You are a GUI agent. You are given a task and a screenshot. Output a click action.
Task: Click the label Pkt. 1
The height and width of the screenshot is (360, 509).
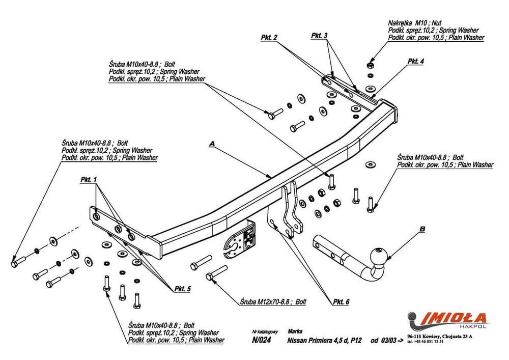pos(88,180)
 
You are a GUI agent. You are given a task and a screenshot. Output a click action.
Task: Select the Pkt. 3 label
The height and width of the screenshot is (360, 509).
pos(319,35)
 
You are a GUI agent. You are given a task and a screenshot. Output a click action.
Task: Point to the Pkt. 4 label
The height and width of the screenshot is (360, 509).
pos(415,61)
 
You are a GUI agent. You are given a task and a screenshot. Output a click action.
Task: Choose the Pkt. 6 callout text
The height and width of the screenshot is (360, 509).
pos(341,302)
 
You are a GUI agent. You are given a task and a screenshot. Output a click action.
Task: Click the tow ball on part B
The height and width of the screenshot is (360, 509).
pos(379,256)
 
